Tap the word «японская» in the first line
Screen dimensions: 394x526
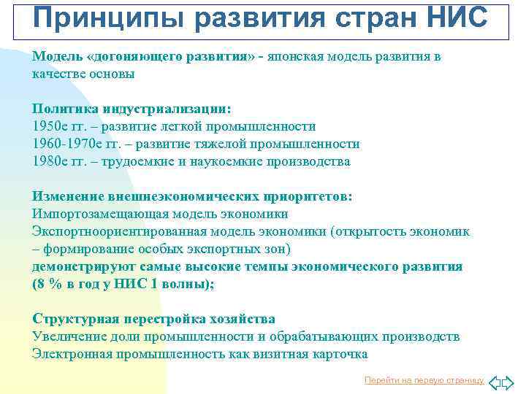tap(301, 56)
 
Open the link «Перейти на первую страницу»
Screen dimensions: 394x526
tap(424, 380)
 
